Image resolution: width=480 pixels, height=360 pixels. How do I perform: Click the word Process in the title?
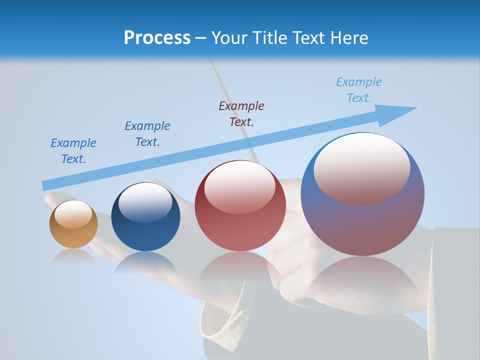point(157,38)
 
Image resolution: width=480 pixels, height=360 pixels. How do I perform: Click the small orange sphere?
point(73,224)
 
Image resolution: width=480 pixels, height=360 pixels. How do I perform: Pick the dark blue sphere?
point(145,216)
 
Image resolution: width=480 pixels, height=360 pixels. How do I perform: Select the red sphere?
point(240,206)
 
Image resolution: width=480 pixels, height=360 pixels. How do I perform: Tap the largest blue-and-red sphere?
point(362,194)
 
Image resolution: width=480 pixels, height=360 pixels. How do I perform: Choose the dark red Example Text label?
point(241,113)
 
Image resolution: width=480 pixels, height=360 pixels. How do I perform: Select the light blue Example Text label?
point(359,90)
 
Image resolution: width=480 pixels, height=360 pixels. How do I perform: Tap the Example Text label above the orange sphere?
point(73,151)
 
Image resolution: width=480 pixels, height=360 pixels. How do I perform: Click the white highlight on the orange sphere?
point(73,214)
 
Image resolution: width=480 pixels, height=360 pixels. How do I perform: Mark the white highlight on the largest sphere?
point(361,168)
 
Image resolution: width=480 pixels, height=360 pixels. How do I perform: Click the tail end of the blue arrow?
point(46,185)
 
